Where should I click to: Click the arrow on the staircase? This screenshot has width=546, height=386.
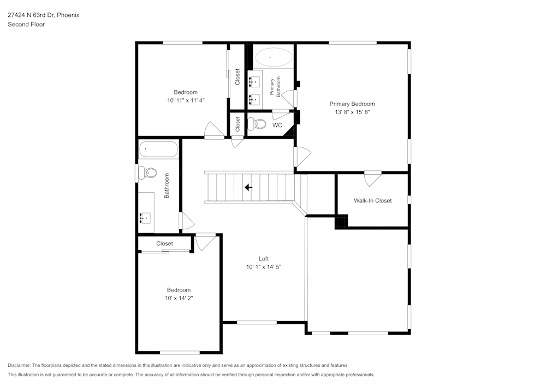(x=248, y=187)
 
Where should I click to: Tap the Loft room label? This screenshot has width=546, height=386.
(x=263, y=259)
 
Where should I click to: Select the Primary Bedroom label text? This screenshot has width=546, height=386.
(x=352, y=104)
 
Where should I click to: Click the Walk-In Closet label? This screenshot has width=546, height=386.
(x=372, y=200)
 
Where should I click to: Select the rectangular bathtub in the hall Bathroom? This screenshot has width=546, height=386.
(x=158, y=149)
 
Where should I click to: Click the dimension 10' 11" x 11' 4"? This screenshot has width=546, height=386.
(x=186, y=100)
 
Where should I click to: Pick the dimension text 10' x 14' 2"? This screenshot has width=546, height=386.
(x=179, y=298)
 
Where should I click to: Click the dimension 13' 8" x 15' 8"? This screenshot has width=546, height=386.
(x=352, y=112)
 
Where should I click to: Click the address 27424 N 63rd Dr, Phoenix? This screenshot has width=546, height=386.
(x=43, y=15)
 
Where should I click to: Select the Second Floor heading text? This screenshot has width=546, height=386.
(x=26, y=25)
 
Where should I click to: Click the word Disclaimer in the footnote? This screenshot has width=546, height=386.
(x=19, y=365)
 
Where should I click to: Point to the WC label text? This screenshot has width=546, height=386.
(x=277, y=126)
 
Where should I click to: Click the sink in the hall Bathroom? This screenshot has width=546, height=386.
(x=145, y=218)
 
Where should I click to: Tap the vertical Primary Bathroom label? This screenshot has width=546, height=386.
(x=275, y=87)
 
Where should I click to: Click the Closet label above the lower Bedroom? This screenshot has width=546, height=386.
(x=164, y=244)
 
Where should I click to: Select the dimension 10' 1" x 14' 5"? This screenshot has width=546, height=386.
(x=263, y=267)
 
